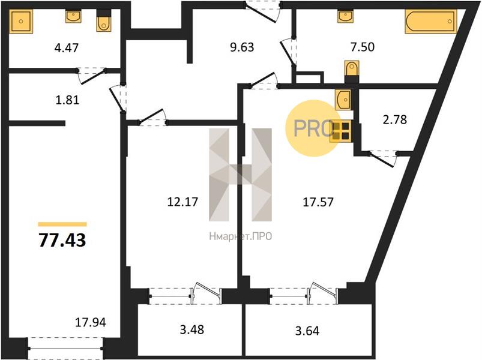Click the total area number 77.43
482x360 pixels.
(x=62, y=240)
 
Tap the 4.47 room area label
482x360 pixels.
(x=67, y=48)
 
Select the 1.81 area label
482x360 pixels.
(x=67, y=100)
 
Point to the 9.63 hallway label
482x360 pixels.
(x=243, y=47)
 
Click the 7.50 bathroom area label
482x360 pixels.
(x=363, y=47)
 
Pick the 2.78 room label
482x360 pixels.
(x=395, y=119)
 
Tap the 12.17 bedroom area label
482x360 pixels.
(x=182, y=202)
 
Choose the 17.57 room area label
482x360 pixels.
(x=318, y=202)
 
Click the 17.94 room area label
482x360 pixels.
(x=91, y=322)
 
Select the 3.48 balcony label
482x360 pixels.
(x=192, y=329)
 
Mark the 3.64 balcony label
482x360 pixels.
(x=307, y=331)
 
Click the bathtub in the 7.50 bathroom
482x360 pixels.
(x=430, y=21)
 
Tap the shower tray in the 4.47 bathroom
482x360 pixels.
(x=21, y=21)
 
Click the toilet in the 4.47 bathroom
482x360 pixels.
(x=104, y=20)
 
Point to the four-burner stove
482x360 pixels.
(x=340, y=131)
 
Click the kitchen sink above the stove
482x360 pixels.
(x=343, y=100)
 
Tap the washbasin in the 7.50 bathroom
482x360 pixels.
(x=345, y=16)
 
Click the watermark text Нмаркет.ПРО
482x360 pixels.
(x=240, y=236)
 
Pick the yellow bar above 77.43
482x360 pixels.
(x=62, y=224)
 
